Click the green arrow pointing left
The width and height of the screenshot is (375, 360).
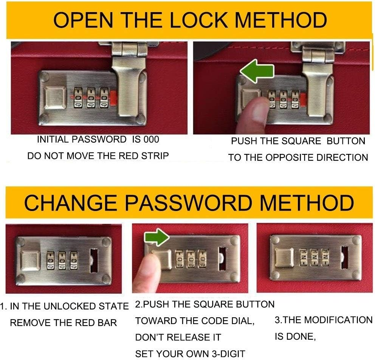[x=257, y=71]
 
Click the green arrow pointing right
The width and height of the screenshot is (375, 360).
[x=157, y=237]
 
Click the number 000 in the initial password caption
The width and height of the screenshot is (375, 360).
[x=151, y=140]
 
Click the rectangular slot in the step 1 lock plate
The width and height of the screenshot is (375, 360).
[x=94, y=261]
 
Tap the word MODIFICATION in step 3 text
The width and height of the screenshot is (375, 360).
[x=338, y=320]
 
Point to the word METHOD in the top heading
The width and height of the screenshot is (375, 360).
[x=281, y=20]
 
